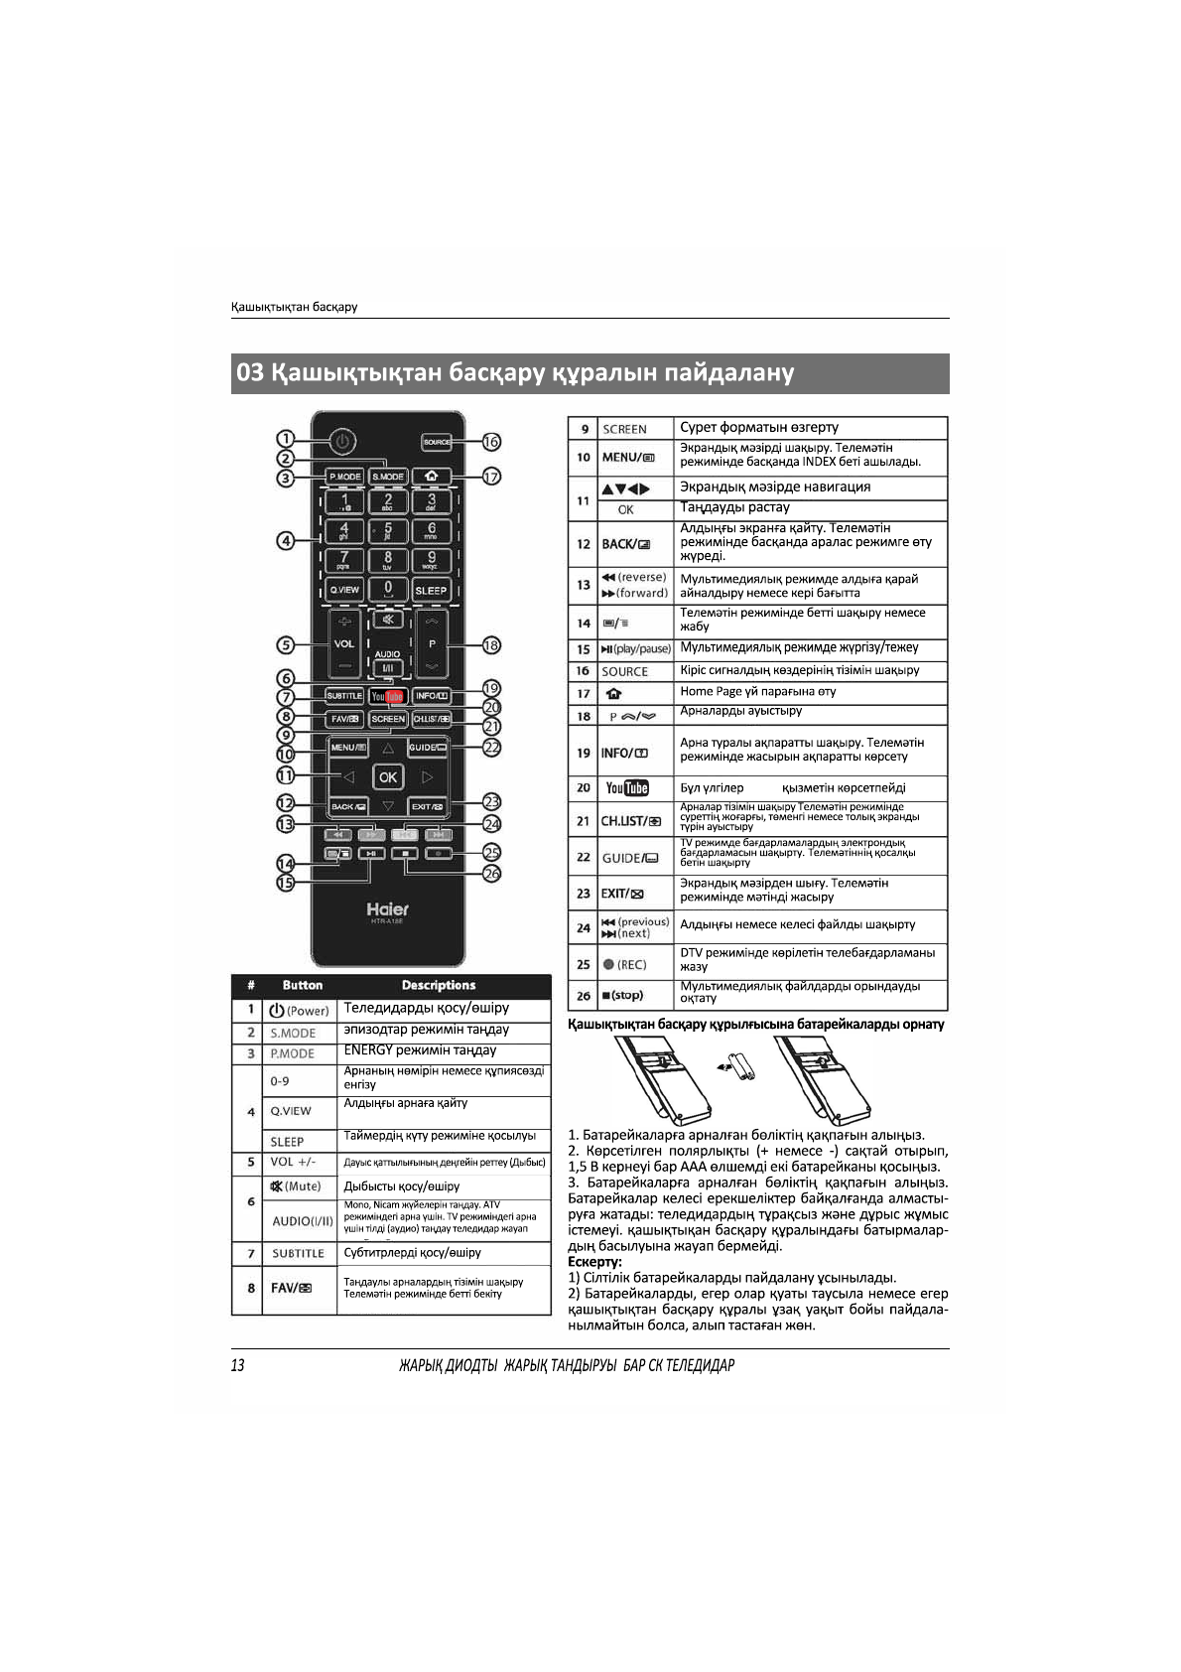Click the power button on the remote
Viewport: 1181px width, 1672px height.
[x=340, y=441]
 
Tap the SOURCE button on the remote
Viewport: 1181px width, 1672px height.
[x=437, y=442]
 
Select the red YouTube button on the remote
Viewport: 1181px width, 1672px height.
[x=388, y=697]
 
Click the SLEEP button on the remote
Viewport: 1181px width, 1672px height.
[x=432, y=590]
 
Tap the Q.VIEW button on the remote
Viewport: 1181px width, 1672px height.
[x=344, y=590]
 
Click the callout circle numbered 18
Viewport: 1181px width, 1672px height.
[x=490, y=645]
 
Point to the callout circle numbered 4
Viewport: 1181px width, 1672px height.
[x=286, y=541]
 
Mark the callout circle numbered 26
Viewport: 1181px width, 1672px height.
[x=490, y=873]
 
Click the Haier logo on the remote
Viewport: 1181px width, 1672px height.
[x=387, y=909]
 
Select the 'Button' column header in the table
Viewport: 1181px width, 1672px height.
[x=302, y=986]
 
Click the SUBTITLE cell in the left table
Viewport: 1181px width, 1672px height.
[x=298, y=1253]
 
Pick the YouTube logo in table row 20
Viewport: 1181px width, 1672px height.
[x=627, y=788]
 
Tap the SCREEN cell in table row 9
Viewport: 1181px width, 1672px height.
[x=624, y=429]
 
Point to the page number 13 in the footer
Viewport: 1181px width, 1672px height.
[x=238, y=1365]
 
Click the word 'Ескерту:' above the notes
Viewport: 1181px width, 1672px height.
[x=594, y=1262]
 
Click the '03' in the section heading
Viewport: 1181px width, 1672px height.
[x=251, y=374]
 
